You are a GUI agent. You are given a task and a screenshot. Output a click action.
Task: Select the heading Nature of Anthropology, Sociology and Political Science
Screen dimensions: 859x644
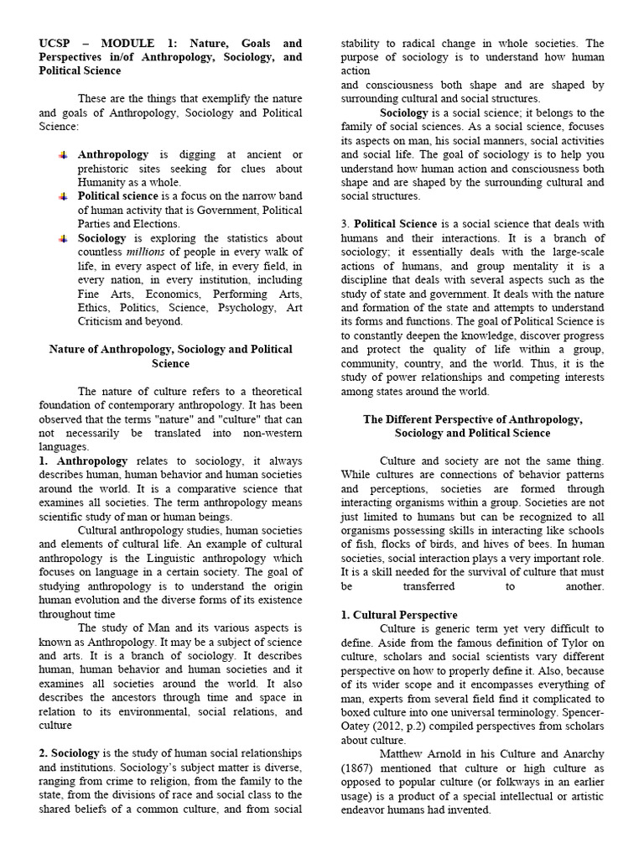pyautogui.click(x=170, y=356)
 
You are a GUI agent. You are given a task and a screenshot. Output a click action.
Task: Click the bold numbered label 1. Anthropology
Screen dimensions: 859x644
pyautogui.click(x=83, y=461)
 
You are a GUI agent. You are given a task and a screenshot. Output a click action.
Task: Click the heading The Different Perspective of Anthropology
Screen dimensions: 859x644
pyautogui.click(x=472, y=419)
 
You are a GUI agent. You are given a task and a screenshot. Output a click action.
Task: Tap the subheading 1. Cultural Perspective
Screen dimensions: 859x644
pyautogui.click(x=398, y=614)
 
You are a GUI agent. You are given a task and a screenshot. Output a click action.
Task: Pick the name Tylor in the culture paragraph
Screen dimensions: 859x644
pyautogui.click(x=549, y=642)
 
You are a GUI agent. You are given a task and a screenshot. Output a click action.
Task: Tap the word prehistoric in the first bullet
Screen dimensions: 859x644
pyautogui.click(x=107, y=169)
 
